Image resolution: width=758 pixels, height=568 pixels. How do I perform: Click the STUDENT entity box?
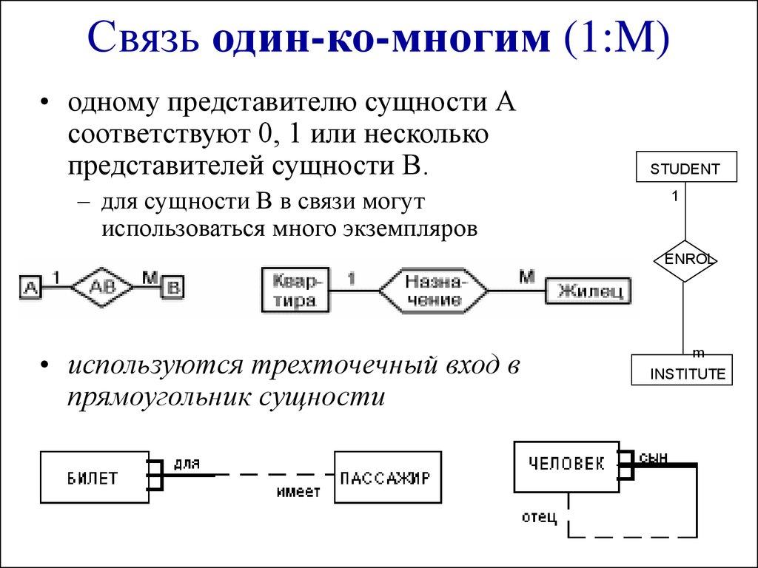pos(686,166)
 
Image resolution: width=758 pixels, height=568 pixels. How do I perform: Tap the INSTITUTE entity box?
pos(682,371)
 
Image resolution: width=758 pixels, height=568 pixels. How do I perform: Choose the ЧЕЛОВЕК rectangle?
pos(566,464)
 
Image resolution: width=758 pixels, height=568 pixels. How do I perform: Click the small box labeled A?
pos(30,287)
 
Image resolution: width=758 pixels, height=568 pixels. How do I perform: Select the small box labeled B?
pos(172,287)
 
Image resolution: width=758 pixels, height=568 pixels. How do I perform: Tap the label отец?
pos(539,516)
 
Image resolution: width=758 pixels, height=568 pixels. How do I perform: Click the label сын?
pos(653,458)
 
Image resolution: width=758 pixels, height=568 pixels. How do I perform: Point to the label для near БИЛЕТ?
pos(187,463)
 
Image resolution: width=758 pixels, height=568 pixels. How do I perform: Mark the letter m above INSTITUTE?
pos(697,351)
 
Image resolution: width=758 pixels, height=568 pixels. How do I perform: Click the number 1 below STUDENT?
pos(675,196)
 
